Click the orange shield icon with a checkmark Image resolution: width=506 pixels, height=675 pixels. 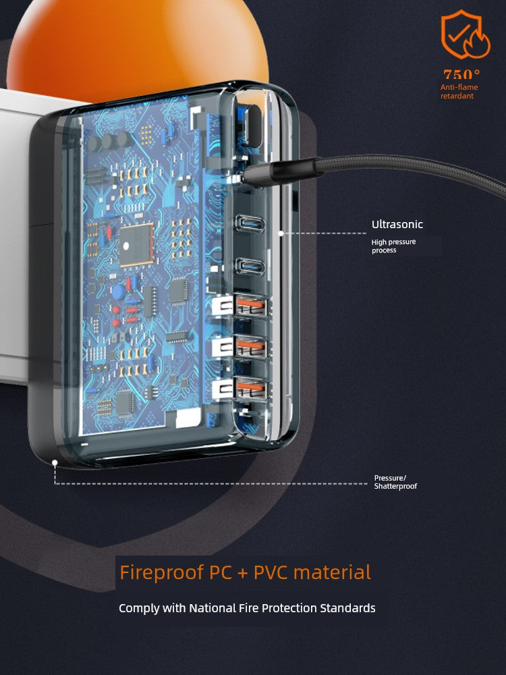[x=461, y=34]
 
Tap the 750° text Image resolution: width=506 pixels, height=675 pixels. [x=461, y=75]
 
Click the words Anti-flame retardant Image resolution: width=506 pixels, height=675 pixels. [x=459, y=92]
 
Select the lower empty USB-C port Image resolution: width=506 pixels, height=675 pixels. [x=246, y=265]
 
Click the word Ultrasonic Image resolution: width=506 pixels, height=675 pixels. [x=397, y=225]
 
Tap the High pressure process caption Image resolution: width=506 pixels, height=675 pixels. [x=393, y=246]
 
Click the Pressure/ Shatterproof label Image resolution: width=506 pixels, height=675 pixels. [x=395, y=482]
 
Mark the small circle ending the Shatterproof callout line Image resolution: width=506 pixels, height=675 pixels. [x=54, y=462]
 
